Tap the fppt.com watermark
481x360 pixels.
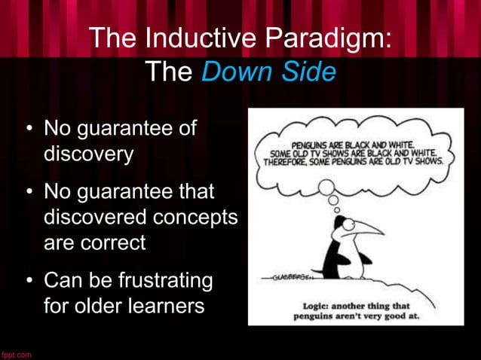coord(16,354)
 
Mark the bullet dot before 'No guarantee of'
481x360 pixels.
coord(28,130)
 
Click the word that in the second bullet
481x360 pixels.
coord(195,191)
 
